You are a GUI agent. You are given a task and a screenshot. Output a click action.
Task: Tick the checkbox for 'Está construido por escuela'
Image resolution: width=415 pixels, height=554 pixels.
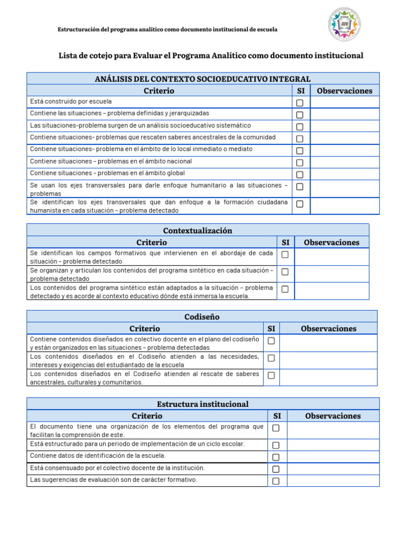coord(299,103)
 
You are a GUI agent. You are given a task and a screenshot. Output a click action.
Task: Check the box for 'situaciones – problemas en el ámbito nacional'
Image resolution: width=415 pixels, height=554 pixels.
coord(299,163)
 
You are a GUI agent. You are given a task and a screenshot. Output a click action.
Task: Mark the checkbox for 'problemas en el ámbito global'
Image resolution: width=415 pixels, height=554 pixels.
coord(299,175)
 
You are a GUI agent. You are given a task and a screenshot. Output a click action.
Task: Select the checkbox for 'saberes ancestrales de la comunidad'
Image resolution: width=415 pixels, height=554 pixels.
coord(299,139)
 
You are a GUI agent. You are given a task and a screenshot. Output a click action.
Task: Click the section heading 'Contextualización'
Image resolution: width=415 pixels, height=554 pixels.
coord(198,230)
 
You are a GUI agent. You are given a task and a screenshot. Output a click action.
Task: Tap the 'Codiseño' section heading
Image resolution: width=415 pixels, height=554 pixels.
coord(202,316)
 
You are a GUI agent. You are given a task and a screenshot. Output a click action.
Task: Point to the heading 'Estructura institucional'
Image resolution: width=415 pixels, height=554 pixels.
coord(203,404)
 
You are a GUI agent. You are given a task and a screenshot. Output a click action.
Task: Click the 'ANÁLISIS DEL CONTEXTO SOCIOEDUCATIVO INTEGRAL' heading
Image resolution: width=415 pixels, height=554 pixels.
coord(203,80)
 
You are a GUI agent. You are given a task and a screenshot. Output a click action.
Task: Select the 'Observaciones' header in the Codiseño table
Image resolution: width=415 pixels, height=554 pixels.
coord(329,328)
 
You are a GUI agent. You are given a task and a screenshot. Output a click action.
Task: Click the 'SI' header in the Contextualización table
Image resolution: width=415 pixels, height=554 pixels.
coord(285,242)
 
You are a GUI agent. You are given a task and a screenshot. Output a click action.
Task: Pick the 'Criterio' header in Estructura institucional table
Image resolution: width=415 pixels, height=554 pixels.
coord(147,416)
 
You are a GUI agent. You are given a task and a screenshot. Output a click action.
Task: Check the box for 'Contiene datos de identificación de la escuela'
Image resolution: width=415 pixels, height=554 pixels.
coord(276,457)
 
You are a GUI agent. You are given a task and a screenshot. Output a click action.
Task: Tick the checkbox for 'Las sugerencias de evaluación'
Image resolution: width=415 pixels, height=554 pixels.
coord(276,481)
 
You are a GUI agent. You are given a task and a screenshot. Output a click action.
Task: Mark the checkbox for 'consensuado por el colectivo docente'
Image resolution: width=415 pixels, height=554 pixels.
coord(276,469)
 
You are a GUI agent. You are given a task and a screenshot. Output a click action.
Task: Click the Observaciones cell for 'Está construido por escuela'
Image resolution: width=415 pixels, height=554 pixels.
coord(345,102)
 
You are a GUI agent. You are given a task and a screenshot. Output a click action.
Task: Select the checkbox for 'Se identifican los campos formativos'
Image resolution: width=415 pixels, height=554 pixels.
coord(285,254)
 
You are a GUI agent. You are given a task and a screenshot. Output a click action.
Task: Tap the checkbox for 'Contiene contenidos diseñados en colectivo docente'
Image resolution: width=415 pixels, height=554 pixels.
coord(271,341)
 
